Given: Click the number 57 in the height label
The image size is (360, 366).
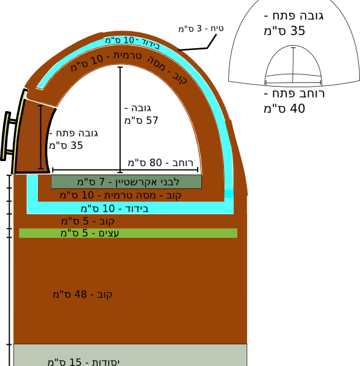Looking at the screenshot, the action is (x=152, y=120).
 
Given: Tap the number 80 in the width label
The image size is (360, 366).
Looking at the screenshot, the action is (x=156, y=163).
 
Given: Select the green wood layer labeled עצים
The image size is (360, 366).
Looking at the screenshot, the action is (x=128, y=233).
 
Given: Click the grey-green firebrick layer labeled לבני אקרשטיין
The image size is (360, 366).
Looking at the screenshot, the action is (x=126, y=182).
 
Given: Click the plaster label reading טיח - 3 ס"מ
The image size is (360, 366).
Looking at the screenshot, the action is (x=201, y=29).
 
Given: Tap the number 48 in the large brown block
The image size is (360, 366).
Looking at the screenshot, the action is (x=81, y=295).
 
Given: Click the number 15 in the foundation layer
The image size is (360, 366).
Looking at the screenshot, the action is (x=75, y=362).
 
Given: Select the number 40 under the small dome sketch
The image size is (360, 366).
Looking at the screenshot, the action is (x=297, y=109).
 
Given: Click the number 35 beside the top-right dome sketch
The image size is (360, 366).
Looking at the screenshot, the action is (x=297, y=31).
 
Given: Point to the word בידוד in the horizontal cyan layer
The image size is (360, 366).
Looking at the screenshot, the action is (x=137, y=209).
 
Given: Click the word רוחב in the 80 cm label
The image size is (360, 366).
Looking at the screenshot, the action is (x=183, y=163).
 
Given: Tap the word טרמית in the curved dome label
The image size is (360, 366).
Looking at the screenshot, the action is (x=128, y=56).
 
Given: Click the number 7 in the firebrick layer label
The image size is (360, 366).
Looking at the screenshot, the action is (x=101, y=182).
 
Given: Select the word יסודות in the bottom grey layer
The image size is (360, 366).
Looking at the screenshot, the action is (x=106, y=362).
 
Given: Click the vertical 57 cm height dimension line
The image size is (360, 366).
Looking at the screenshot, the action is (x=120, y=120).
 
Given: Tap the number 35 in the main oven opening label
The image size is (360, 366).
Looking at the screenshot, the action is (x=76, y=145).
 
